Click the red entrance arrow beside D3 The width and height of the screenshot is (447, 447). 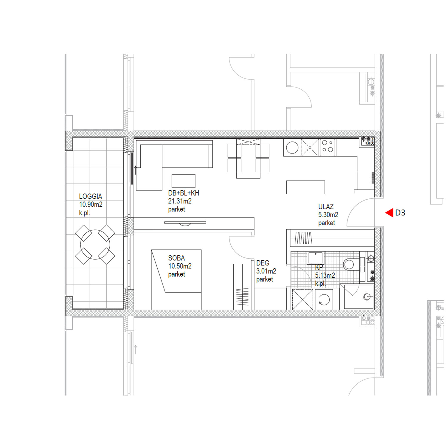tap(389, 213)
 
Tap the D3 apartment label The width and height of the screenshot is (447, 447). tap(400, 213)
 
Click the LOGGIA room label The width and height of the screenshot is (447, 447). tap(91, 196)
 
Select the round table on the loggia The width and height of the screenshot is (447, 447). tap(95, 244)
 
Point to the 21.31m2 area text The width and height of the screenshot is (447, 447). tap(180, 201)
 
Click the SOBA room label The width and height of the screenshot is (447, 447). tap(176, 258)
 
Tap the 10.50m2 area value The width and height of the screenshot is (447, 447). tap(180, 266)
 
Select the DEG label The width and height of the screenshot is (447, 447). tap(263, 263)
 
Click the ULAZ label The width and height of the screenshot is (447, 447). tap(326, 207)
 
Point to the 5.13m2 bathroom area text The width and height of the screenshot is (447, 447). tap(325, 275)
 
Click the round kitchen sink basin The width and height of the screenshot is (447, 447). tap(292, 148)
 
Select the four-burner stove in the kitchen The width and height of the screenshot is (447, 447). tap(328, 148)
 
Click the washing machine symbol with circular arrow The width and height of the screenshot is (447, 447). tap(324, 299)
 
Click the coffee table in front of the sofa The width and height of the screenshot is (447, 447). tap(184, 181)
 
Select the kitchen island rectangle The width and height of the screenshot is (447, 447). tap(305, 187)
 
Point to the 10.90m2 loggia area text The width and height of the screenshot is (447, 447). tap(91, 204)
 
